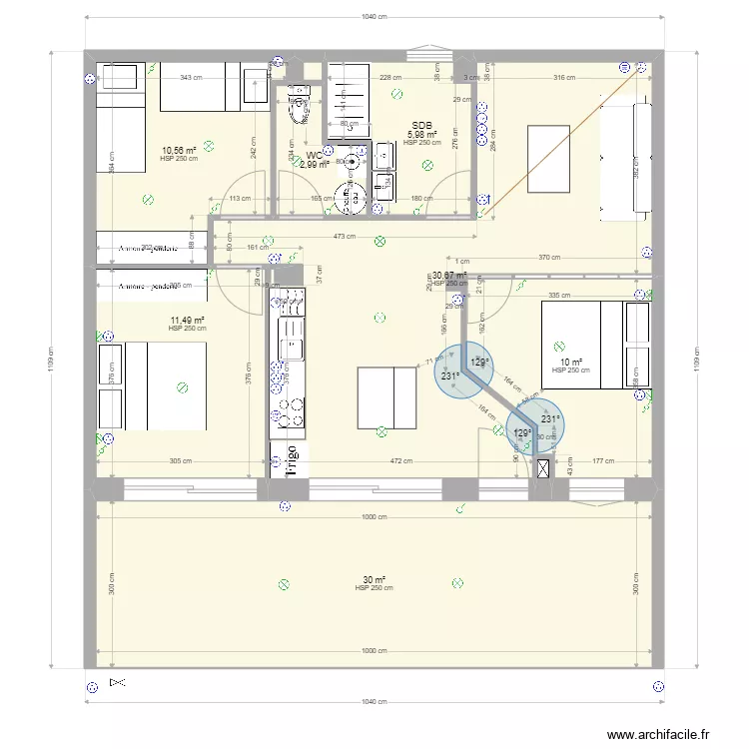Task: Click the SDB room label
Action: pyautogui.click(x=421, y=127)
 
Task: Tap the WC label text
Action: pyautogui.click(x=314, y=155)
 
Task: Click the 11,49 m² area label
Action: pyautogui.click(x=187, y=321)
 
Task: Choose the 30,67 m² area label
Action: pyautogui.click(x=448, y=275)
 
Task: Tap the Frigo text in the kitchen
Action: pyautogui.click(x=294, y=460)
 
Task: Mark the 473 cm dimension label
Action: pyautogui.click(x=345, y=237)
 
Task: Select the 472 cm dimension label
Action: pyautogui.click(x=400, y=460)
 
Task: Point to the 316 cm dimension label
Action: pyautogui.click(x=564, y=77)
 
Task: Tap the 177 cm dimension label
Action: pyautogui.click(x=601, y=460)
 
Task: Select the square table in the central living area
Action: pyautogui.click(x=386, y=397)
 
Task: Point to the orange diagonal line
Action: pyautogui.click(x=559, y=150)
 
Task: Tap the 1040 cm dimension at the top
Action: pyautogui.click(x=374, y=17)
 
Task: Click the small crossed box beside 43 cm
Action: pyautogui.click(x=543, y=467)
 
